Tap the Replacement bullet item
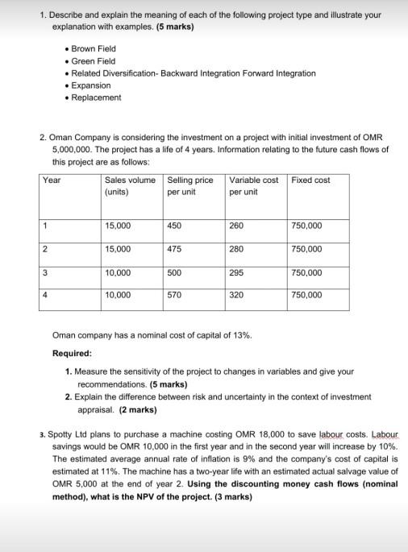[x=98, y=98]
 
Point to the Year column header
[x=52, y=180]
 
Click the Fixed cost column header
[x=310, y=180]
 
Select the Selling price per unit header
[x=190, y=186]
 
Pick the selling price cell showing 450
[x=174, y=226]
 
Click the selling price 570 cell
[x=174, y=295]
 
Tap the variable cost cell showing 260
[x=236, y=226]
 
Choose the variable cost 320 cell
[x=236, y=295]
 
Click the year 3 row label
[x=47, y=272]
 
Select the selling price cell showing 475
[x=174, y=249]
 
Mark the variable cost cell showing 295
[x=236, y=272]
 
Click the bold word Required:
[x=72, y=354]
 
